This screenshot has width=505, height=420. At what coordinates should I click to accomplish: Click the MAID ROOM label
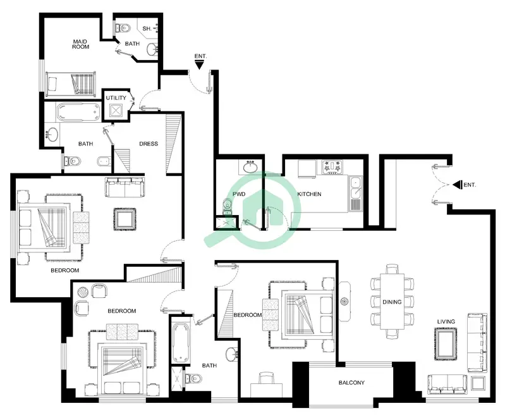pos(80,44)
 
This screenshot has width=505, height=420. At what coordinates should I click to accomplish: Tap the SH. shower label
pos(147,28)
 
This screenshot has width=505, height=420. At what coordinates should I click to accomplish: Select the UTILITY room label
pos(116,98)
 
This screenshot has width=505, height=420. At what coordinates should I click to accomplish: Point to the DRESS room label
pos(149,144)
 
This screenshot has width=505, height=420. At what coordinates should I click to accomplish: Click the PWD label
pos(239,194)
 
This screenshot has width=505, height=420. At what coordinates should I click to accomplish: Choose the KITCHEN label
pos(309,194)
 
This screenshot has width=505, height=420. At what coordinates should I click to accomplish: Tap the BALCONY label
pos(351,383)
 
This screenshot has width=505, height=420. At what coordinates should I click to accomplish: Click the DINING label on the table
pos(392,302)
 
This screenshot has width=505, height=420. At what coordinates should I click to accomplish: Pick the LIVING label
pos(446,321)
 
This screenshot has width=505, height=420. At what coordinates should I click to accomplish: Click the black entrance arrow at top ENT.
pos(199,66)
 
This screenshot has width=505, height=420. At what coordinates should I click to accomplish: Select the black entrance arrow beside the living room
pos(457,185)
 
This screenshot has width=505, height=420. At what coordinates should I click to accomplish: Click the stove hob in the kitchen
pos(332,168)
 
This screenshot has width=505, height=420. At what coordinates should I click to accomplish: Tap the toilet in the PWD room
pos(228,206)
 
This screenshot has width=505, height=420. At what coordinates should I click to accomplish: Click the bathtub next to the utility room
pos(78,112)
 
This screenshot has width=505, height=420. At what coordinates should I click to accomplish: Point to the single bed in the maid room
pos(71,83)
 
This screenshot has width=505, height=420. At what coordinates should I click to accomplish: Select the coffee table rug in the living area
pos(446,344)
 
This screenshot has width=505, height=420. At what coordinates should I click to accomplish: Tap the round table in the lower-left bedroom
pos(83,292)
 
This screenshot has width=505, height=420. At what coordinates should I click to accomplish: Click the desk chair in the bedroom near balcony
pos(266,378)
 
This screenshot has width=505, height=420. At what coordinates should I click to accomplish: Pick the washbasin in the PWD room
pos(250,167)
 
